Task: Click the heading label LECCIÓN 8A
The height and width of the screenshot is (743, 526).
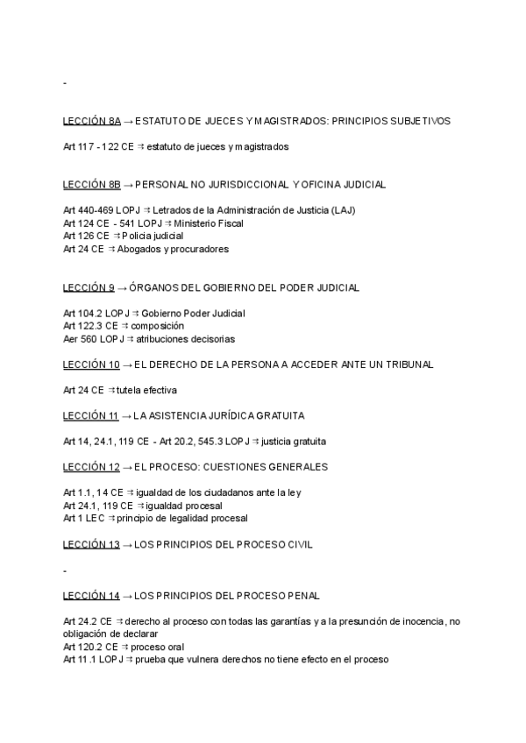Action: click(92, 120)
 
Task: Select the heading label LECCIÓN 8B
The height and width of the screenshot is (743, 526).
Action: click(92, 185)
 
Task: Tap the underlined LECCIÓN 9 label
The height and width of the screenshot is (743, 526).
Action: click(89, 287)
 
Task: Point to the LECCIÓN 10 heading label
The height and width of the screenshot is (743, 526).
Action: click(91, 364)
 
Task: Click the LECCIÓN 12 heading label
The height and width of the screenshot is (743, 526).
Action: click(91, 466)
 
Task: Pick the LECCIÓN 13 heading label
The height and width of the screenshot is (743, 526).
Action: click(91, 544)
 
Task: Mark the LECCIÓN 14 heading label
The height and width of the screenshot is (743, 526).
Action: click(91, 596)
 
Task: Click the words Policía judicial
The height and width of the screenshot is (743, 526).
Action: click(151, 237)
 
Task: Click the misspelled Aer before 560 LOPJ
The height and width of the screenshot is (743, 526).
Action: click(71, 339)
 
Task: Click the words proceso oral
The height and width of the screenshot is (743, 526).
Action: click(164, 647)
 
